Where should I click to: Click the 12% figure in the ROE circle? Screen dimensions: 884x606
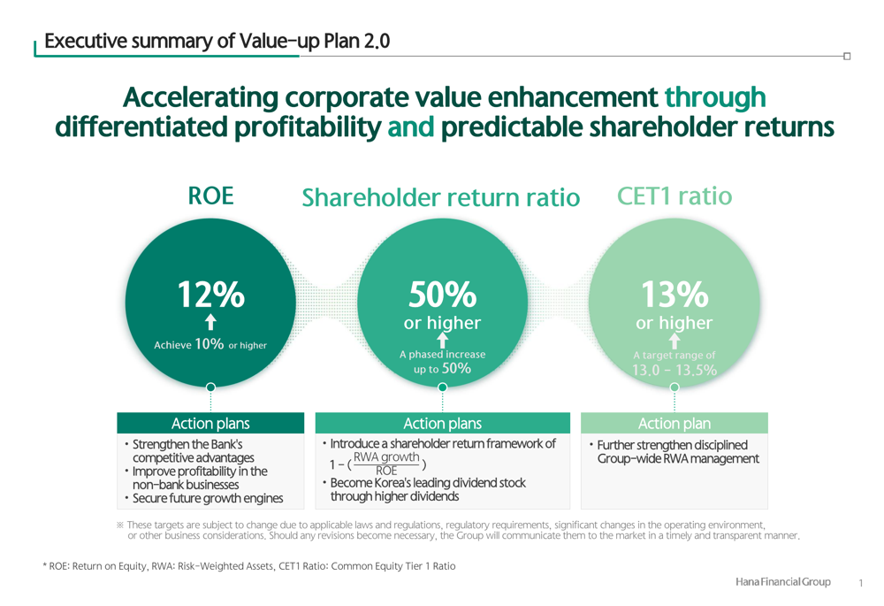pyautogui.click(x=211, y=295)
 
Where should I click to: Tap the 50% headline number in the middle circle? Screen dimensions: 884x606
pyautogui.click(x=443, y=295)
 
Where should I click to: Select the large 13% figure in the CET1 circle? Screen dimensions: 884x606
pyautogui.click(x=674, y=295)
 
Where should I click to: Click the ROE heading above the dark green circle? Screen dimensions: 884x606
pyautogui.click(x=210, y=196)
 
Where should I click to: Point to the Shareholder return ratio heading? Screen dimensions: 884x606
pyautogui.click(x=441, y=198)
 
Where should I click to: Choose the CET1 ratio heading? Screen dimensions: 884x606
pyautogui.click(x=674, y=196)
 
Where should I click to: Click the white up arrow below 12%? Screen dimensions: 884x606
pyautogui.click(x=211, y=322)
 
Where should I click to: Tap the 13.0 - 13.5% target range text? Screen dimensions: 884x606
pyautogui.click(x=674, y=370)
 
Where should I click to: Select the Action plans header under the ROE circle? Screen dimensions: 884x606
pyautogui.click(x=210, y=423)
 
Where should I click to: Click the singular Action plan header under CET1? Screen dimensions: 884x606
pyautogui.click(x=674, y=423)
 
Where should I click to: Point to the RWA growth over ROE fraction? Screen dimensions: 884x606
pyautogui.click(x=386, y=464)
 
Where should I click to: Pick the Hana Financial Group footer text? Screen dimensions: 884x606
pyautogui.click(x=782, y=582)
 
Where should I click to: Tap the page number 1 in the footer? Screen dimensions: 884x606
pyautogui.click(x=860, y=583)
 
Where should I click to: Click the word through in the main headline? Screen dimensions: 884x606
pyautogui.click(x=715, y=98)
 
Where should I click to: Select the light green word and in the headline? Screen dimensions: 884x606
pyautogui.click(x=411, y=127)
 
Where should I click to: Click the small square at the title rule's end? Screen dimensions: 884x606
pyautogui.click(x=847, y=56)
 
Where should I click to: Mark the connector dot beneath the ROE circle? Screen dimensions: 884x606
pyautogui.click(x=211, y=387)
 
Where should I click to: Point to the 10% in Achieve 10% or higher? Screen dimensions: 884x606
pyautogui.click(x=210, y=343)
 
